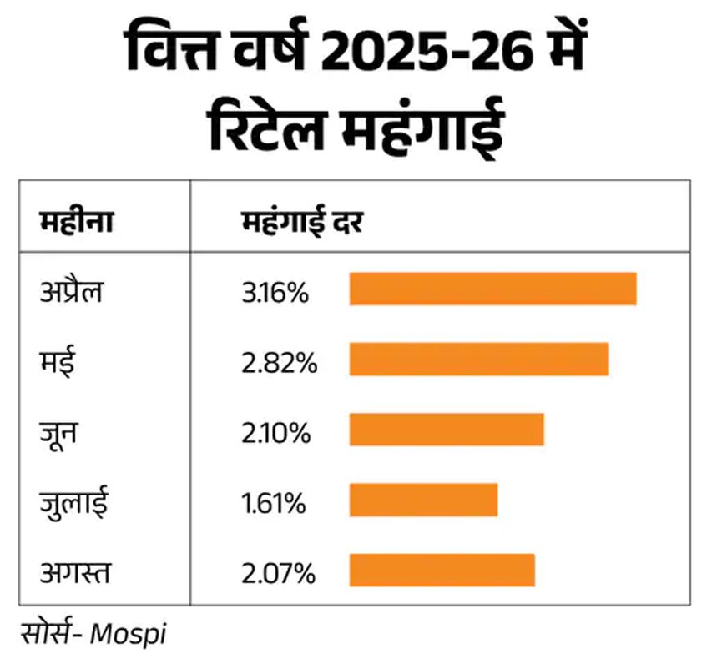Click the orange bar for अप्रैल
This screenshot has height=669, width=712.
[x=492, y=289]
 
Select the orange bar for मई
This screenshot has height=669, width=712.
[x=478, y=359]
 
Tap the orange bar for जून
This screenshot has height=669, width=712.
[x=447, y=429]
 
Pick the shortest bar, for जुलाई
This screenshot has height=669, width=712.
[x=423, y=500]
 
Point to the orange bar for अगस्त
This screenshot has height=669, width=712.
[x=442, y=570]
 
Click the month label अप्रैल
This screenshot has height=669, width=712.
[x=71, y=293]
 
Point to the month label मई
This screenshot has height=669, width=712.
[x=56, y=363]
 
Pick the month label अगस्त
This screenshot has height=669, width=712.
[x=75, y=573]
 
